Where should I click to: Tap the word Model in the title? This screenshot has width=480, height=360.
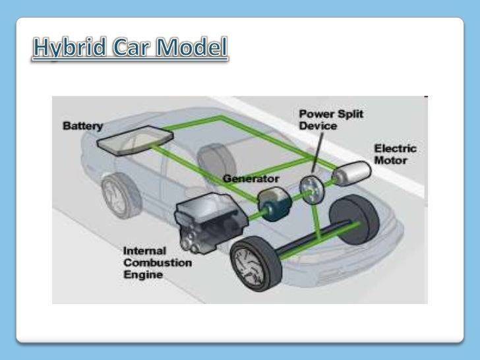coord(193,49)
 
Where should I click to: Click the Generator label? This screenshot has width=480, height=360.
coord(251,178)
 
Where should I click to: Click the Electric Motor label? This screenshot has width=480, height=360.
coord(395,154)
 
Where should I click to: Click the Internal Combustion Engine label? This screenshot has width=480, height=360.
coord(158,262)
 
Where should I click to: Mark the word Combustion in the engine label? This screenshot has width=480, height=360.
coord(158,262)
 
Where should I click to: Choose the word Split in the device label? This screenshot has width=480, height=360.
coord(348,114)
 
